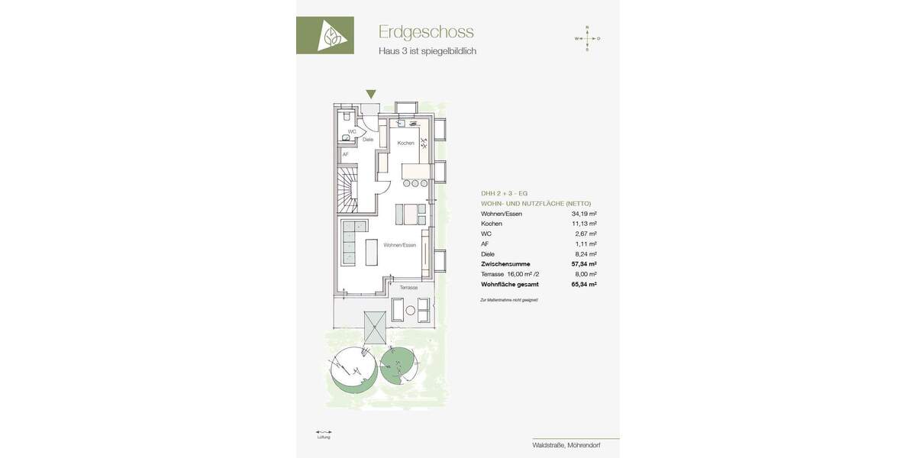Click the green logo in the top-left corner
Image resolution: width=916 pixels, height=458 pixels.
click(325, 35)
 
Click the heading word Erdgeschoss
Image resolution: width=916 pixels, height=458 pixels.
click(426, 32)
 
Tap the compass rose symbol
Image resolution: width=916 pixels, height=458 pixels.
click(587, 38)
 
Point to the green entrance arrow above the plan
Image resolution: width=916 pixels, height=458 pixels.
click(370, 94)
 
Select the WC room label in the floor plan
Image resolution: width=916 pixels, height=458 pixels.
click(352, 131)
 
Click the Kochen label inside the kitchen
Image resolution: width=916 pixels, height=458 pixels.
click(405, 143)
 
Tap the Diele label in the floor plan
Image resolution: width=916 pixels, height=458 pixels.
click(368, 140)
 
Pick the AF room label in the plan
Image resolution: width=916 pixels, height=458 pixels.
click(345, 154)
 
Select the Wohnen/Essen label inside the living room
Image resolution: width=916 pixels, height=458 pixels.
click(400, 245)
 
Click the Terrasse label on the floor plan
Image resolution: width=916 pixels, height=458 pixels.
click(408, 288)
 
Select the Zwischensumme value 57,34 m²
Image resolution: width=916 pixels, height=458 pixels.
click(584, 263)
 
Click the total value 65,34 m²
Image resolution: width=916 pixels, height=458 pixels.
click(584, 283)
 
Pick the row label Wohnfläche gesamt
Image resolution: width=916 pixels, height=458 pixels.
click(510, 283)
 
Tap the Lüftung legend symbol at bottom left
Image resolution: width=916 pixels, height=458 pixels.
click(324, 432)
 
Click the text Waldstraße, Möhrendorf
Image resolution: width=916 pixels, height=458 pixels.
click(566, 445)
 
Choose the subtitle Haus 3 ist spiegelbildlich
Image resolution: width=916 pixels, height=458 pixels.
click(427, 51)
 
